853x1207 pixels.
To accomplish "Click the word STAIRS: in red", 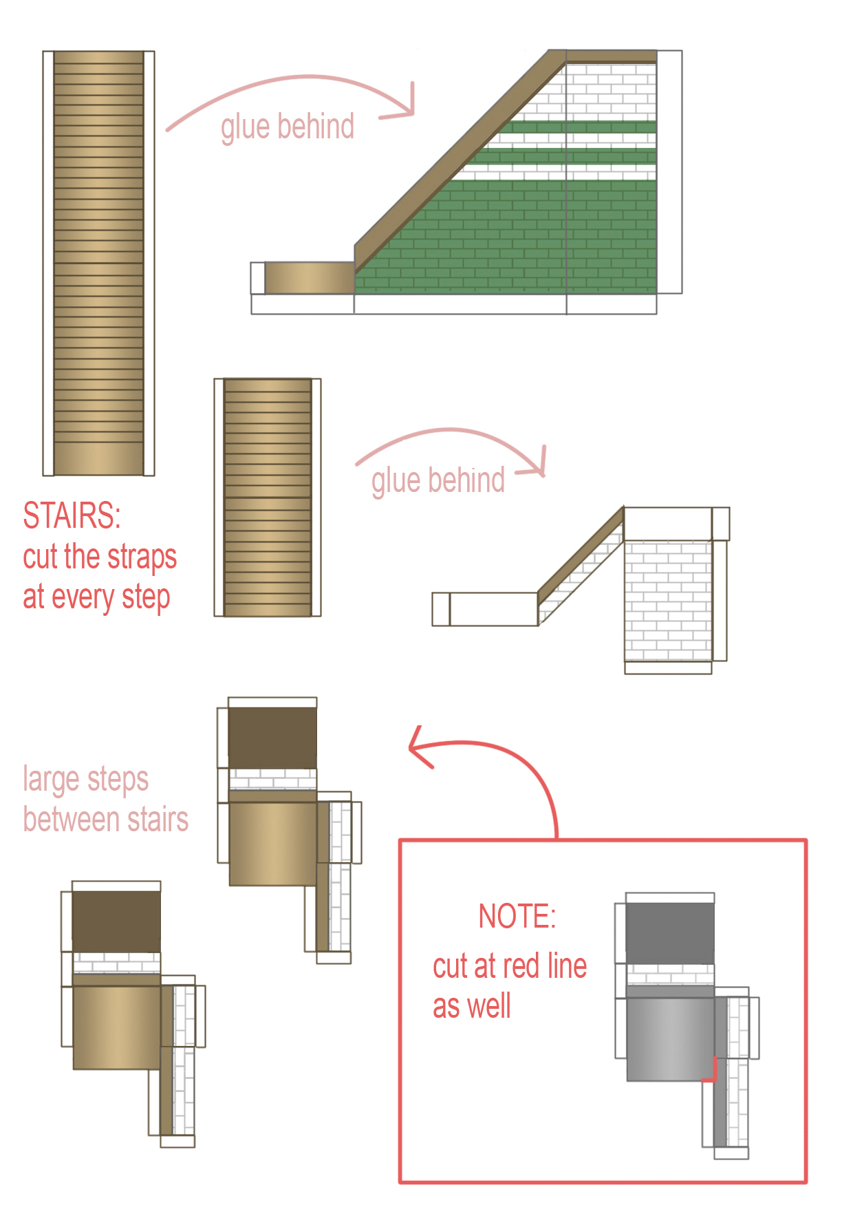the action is tap(72, 515).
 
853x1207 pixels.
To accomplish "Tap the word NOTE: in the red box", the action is tap(517, 917).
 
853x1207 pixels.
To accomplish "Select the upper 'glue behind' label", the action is tap(288, 127).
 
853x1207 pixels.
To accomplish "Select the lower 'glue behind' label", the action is tap(438, 480).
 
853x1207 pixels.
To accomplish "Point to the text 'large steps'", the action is tap(86, 780).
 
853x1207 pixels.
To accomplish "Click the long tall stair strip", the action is tap(98, 263).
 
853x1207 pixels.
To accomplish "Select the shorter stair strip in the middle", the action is tap(268, 497).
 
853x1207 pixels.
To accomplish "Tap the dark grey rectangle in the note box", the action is tap(670, 933).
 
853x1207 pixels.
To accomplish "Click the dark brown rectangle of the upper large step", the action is tap(272, 738).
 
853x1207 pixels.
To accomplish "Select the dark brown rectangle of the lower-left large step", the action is tap(116, 922).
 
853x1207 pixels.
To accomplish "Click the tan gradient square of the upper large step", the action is tap(273, 844).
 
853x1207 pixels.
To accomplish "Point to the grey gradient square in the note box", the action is tap(671, 1039).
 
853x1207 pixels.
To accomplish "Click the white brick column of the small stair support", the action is tap(668, 601).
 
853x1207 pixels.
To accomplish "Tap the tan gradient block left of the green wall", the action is tap(310, 278).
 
